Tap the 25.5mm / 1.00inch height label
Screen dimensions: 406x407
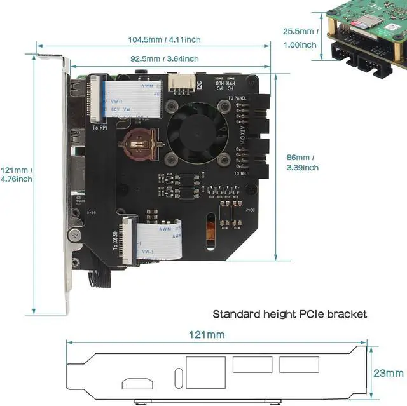coord(300,38)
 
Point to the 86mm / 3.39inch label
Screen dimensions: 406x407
coord(303,163)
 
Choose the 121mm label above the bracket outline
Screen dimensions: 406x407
coord(206,334)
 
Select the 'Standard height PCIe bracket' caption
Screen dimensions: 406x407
coord(290,314)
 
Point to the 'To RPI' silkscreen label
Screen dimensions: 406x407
coord(100,128)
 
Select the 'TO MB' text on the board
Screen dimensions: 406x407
coord(240,173)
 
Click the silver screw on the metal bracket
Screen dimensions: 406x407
coord(75,234)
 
